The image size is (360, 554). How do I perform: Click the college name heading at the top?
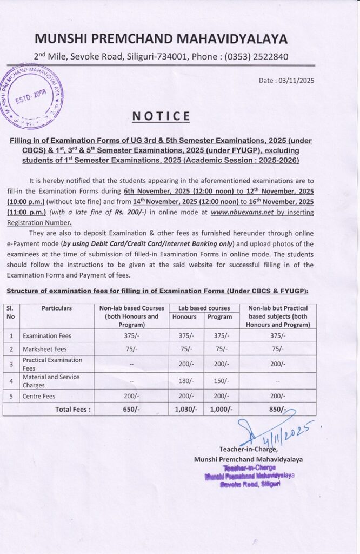tap(162, 38)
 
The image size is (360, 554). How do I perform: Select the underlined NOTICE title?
tap(162, 116)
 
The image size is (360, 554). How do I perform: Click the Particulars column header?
tap(57, 308)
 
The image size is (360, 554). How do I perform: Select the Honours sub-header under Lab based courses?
tap(184, 316)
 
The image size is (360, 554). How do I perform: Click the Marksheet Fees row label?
tap(45, 349)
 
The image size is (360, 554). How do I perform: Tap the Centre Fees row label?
tap(39, 396)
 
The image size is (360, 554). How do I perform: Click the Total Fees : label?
tap(73, 410)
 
